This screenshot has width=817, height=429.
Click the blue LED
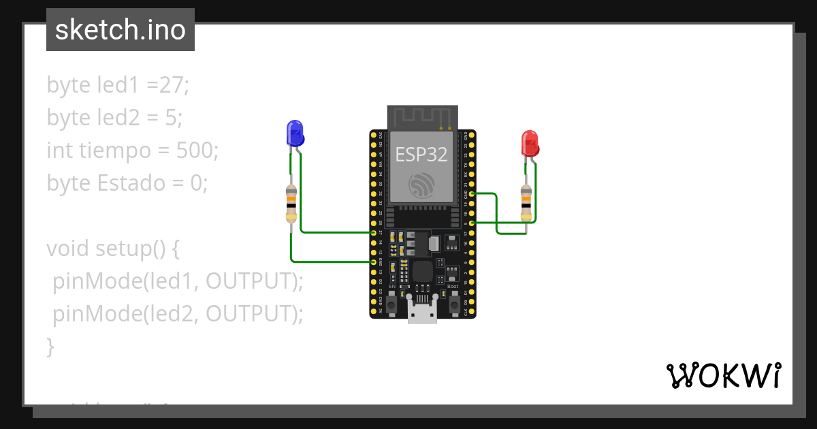click(294, 134)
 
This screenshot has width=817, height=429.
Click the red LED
click(530, 144)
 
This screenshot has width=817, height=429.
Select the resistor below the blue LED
click(291, 204)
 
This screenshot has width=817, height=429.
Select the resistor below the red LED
click(526, 203)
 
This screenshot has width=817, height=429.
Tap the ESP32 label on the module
click(421, 155)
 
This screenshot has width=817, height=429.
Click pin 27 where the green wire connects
click(374, 233)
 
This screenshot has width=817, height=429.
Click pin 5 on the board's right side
click(472, 223)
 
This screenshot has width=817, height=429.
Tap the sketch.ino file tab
click(121, 30)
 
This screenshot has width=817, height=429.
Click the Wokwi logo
click(723, 375)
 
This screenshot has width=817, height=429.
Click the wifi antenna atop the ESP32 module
click(422, 117)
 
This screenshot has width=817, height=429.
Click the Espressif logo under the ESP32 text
click(421, 185)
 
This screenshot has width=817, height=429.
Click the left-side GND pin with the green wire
click(374, 261)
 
